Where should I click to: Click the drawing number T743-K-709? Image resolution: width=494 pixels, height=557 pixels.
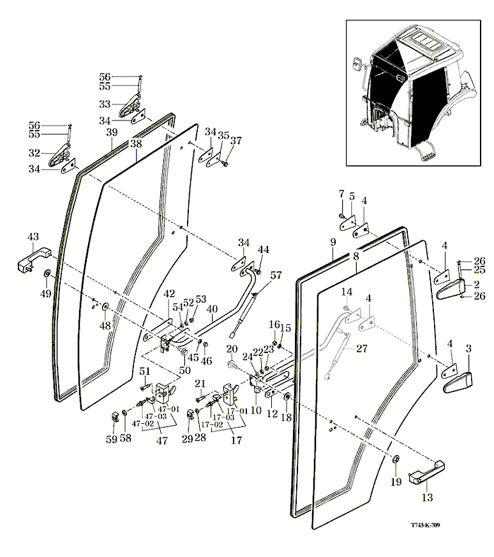point(426,525)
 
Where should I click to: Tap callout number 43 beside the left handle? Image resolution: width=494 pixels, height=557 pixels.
point(33,237)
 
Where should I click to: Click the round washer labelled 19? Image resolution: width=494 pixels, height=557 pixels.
point(395,461)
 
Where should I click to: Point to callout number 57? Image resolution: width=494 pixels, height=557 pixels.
point(275,275)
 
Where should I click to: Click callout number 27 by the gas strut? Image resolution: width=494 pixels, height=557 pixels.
point(361,349)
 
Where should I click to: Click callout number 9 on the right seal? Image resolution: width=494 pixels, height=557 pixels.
point(333,242)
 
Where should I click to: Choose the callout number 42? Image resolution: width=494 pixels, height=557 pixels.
point(168,294)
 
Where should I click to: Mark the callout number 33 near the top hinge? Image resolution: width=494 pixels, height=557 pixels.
point(105,104)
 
